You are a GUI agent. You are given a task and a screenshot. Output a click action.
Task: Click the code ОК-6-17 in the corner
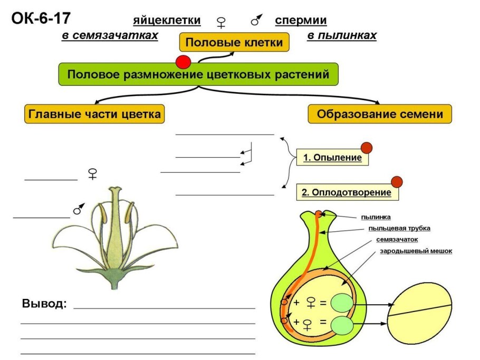[40, 19]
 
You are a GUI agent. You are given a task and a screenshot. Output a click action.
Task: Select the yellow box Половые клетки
[235, 42]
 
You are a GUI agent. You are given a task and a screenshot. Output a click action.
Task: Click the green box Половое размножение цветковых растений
[198, 75]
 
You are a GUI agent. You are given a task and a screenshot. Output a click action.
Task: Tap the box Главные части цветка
[94, 114]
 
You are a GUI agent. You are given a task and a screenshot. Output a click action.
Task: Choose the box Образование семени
[380, 114]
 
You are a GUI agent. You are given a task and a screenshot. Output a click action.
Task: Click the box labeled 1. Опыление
[332, 157]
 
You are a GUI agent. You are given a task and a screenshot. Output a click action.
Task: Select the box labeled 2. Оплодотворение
[347, 192]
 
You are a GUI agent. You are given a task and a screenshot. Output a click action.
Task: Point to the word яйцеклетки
[167, 21]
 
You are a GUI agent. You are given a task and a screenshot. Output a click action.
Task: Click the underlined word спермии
[301, 21]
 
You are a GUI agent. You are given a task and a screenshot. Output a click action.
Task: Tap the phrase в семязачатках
[110, 35]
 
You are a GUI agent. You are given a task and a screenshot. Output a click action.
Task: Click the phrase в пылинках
[342, 35]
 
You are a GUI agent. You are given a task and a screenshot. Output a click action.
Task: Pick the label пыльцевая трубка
[399, 228]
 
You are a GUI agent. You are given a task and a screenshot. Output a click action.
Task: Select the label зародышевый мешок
[416, 251]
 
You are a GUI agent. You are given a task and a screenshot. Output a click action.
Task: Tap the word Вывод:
[44, 304]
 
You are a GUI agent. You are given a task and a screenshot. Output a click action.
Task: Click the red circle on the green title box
[183, 62]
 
